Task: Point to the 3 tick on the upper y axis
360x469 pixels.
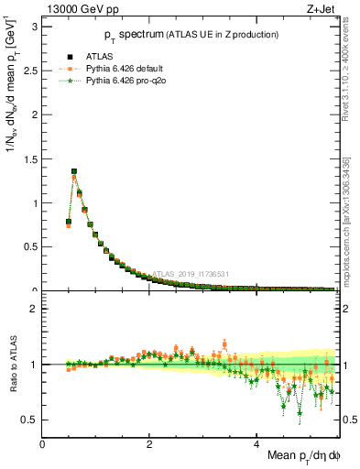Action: click(x=33, y=27)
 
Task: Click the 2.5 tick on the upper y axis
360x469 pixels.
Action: click(x=29, y=71)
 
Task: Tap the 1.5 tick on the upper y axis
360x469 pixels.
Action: click(x=29, y=158)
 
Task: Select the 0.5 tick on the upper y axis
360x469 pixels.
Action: click(x=29, y=246)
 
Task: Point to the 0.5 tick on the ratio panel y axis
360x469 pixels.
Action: click(x=29, y=420)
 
